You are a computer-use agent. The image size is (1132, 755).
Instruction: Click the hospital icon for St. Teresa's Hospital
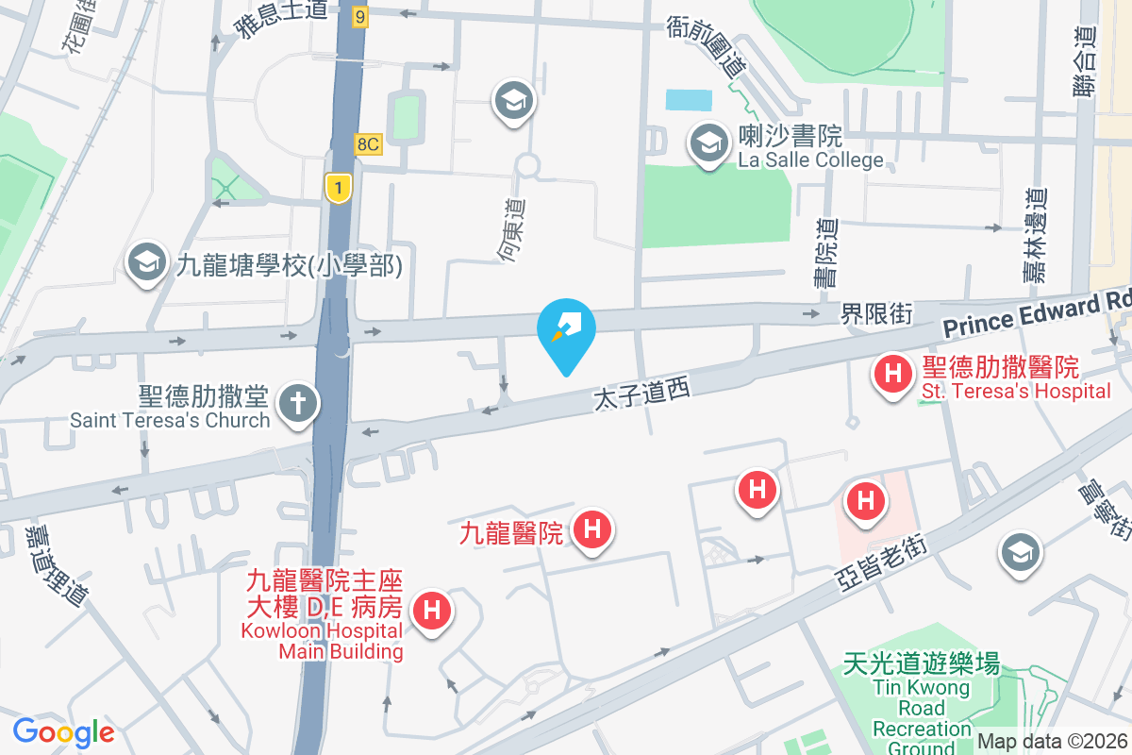(x=892, y=373)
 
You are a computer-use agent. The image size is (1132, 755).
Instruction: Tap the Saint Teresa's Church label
(x=170, y=420)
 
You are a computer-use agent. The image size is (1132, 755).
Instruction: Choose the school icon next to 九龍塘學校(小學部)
(x=146, y=264)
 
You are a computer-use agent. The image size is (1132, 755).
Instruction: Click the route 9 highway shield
(x=358, y=16)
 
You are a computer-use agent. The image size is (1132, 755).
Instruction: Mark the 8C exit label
(x=368, y=144)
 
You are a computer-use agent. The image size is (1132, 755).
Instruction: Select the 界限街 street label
(x=876, y=314)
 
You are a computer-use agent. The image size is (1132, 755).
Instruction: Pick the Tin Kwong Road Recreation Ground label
(x=921, y=708)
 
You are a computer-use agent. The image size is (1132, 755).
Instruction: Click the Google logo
(x=63, y=731)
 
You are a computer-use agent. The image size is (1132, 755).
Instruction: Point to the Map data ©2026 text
(x=1051, y=742)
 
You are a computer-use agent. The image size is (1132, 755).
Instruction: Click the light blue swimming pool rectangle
(x=690, y=99)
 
